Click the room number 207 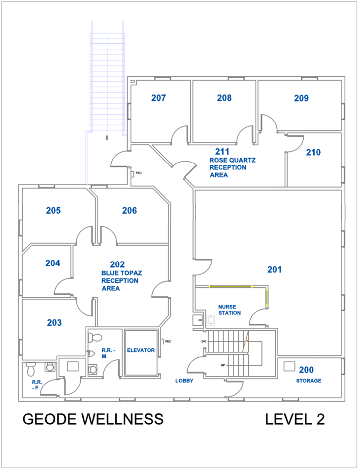pyautogui.click(x=159, y=98)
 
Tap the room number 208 pyautogui.click(x=224, y=98)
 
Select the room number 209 pyautogui.click(x=301, y=98)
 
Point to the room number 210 pyautogui.click(x=313, y=153)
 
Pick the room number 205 pyautogui.click(x=53, y=211)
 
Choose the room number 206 pyautogui.click(x=130, y=211)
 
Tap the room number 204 pyautogui.click(x=53, y=263)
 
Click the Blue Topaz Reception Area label pyautogui.click(x=120, y=277)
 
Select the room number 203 pyautogui.click(x=54, y=323)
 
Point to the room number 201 pyautogui.click(x=274, y=269)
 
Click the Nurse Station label pyautogui.click(x=229, y=310)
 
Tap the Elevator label pyautogui.click(x=141, y=350)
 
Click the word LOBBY pyautogui.click(x=184, y=381)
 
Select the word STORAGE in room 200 pyautogui.click(x=309, y=381)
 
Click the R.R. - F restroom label pyautogui.click(x=36, y=385)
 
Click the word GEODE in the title pyautogui.click(x=49, y=419)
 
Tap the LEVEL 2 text pyautogui.click(x=295, y=419)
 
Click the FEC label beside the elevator pyautogui.click(x=168, y=341)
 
